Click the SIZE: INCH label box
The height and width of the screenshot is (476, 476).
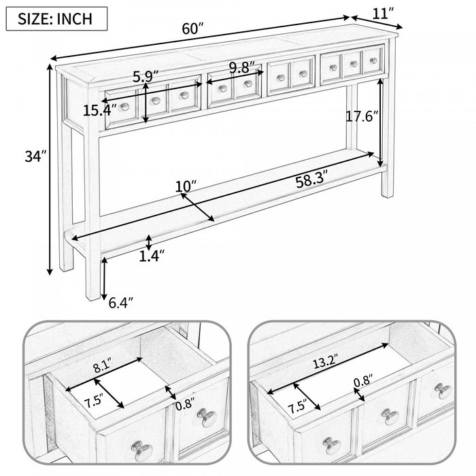coord(57,18)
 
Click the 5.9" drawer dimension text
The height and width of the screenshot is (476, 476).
coord(146,77)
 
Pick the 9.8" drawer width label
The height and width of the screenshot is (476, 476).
coord(242,67)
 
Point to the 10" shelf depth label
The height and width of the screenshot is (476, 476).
coord(186,185)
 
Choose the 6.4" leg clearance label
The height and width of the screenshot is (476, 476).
coord(122,301)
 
